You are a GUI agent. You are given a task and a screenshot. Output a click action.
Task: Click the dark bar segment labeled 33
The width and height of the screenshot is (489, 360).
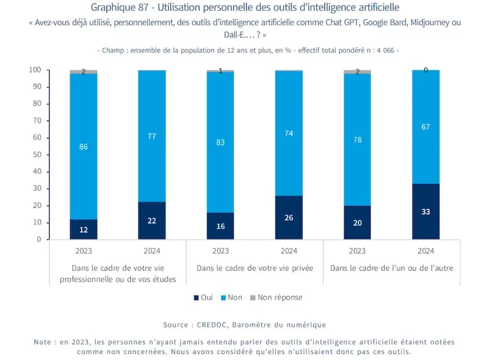[x=425, y=212]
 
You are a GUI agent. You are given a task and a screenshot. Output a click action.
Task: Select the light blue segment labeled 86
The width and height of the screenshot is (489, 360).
[x=84, y=146]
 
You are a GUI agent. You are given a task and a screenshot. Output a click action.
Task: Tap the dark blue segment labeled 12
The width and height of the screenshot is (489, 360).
[x=84, y=229]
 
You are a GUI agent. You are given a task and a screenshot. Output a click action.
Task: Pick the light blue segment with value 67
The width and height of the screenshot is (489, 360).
[x=425, y=127]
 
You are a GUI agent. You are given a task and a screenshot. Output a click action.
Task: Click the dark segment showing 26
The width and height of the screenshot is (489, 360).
[x=289, y=218]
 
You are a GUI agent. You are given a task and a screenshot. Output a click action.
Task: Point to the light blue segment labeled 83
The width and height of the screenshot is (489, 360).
[x=220, y=142]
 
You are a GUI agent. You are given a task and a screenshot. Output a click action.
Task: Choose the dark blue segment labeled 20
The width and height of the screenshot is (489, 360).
[x=357, y=222]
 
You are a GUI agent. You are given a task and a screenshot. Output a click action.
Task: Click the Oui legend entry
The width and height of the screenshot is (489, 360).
[x=203, y=297]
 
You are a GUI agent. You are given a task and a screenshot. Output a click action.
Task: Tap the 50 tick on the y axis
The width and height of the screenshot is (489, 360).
[x=37, y=154]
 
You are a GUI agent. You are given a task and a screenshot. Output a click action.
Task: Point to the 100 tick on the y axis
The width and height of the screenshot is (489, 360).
[x=35, y=70]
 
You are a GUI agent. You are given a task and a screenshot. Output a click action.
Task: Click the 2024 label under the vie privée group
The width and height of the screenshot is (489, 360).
[x=289, y=251]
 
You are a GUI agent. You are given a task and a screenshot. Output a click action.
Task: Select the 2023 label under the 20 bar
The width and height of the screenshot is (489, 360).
[x=357, y=251]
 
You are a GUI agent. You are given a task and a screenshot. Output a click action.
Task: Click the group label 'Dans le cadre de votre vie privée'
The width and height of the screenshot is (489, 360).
[x=254, y=268]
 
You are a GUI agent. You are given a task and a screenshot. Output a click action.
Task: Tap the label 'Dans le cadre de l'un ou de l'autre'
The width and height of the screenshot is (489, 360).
[x=391, y=268]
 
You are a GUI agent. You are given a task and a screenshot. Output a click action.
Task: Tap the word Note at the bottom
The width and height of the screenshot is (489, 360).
[x=43, y=342]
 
